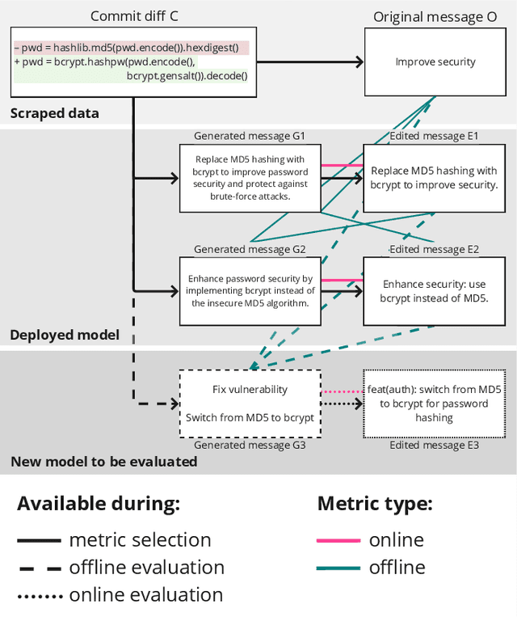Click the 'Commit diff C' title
pos(133,16)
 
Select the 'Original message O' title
pos(435,16)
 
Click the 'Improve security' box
pos(435,61)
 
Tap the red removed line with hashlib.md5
pos(131,48)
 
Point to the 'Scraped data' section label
pos(54,113)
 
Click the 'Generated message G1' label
pos(250,136)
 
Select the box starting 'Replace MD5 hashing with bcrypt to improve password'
pos(250,178)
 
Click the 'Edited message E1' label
pos(434,136)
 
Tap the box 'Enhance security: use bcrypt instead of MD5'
pos(434,290)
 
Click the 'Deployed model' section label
pos(64,335)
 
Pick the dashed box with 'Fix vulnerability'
pos(250,403)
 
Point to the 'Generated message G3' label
pos(250,445)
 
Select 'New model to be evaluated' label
pos(103,462)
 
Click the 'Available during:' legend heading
pos(98,504)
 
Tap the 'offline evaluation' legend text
pos(146,567)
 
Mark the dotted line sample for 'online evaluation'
pos(38,595)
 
